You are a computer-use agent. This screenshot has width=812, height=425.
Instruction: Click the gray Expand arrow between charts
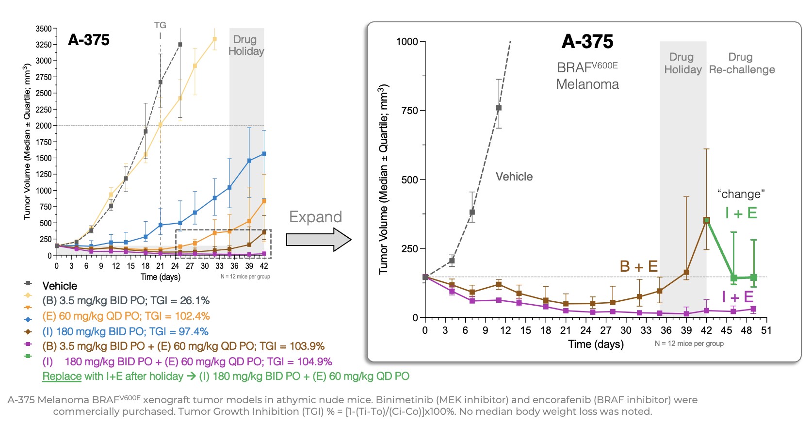tap(318, 240)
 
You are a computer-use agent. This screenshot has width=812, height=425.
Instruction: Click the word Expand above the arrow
tap(315, 217)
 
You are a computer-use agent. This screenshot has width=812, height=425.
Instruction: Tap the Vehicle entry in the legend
tap(60, 286)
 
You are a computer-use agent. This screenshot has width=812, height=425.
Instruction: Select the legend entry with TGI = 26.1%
tap(126, 301)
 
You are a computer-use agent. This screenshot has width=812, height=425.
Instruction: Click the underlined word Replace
tap(62, 376)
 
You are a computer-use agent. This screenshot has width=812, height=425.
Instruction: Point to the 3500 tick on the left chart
tap(44, 29)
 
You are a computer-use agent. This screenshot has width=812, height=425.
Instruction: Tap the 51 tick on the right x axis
tap(766, 330)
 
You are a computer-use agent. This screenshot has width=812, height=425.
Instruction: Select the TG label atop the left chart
tap(160, 25)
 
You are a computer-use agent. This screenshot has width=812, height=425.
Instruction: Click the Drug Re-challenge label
tap(741, 64)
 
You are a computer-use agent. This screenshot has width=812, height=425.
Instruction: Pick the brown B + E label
tap(638, 266)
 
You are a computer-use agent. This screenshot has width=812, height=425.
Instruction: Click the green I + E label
tap(741, 213)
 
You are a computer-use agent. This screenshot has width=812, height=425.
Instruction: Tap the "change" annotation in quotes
tap(741, 194)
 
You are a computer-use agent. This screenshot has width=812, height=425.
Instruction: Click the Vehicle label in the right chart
tap(514, 177)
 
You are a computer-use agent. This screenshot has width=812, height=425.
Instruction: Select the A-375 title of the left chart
tap(89, 40)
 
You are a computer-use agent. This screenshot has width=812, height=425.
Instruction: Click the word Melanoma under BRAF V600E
tap(587, 84)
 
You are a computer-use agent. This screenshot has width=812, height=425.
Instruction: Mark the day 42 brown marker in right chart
tap(706, 220)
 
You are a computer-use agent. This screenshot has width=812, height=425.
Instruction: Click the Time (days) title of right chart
tap(596, 344)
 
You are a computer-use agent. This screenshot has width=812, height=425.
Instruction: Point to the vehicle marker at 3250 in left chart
tap(180, 45)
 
